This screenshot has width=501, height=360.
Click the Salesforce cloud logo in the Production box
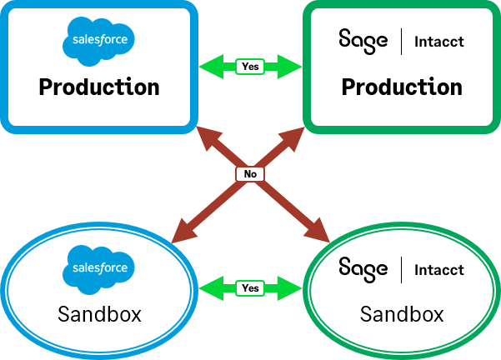pos(99,38)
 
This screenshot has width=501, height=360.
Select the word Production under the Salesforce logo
pos(99,87)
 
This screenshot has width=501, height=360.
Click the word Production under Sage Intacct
pos(403,87)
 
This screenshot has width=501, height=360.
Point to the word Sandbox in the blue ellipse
pos(99,314)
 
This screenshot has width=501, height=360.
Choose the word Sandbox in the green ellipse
pos(402,314)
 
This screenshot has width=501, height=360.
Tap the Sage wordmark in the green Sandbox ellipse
pos(363,267)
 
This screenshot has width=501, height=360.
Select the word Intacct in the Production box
pos(439,41)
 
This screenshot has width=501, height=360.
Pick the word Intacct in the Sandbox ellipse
pos(439,269)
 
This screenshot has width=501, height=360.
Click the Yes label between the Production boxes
pos(249,66)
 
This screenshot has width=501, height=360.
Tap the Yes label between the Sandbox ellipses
pos(250,288)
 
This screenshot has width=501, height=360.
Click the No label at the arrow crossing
pos(250,174)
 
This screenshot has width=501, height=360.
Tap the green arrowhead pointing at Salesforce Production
pos(208,66)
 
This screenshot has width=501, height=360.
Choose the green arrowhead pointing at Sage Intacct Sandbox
pos(291,288)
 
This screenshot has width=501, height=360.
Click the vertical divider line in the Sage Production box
pos(402,40)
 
